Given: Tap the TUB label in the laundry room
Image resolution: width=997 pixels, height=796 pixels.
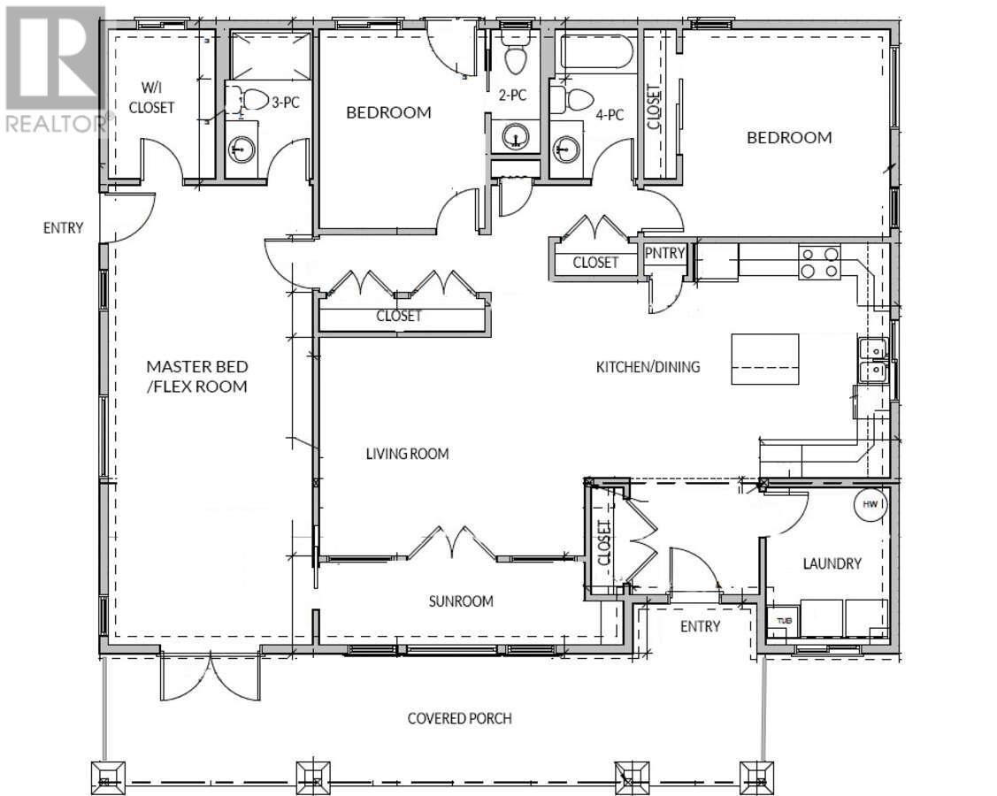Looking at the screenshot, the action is click(x=779, y=620).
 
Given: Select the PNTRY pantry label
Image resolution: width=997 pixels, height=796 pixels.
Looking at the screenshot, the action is click(x=664, y=253).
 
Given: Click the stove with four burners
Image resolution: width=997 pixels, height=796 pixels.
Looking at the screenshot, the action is click(x=819, y=262).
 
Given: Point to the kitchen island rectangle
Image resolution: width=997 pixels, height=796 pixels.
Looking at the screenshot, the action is click(x=765, y=359).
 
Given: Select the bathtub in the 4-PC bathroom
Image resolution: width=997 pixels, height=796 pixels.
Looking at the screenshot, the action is click(x=596, y=51).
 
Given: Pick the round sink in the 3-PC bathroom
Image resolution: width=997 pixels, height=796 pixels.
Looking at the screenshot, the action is click(x=242, y=149).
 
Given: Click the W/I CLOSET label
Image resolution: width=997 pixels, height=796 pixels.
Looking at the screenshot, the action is click(x=151, y=97).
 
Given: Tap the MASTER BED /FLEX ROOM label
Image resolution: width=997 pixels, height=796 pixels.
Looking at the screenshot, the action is click(x=197, y=377).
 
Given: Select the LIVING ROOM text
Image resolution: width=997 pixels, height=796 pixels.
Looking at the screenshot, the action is click(x=408, y=454).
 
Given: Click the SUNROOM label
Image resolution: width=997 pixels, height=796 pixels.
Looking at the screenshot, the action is click(x=461, y=601).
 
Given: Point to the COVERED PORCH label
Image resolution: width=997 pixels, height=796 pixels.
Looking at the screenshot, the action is click(x=460, y=718).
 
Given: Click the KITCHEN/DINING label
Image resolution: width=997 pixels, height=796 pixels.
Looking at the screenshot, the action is click(x=648, y=367).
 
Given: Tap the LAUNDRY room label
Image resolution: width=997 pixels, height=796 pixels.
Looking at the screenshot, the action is click(x=832, y=563).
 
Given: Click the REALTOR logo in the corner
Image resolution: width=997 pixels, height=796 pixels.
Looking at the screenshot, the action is click(x=55, y=69).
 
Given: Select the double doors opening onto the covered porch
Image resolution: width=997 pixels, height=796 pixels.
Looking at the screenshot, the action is click(x=210, y=675).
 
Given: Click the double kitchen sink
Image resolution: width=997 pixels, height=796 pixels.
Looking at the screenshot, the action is click(x=872, y=360).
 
